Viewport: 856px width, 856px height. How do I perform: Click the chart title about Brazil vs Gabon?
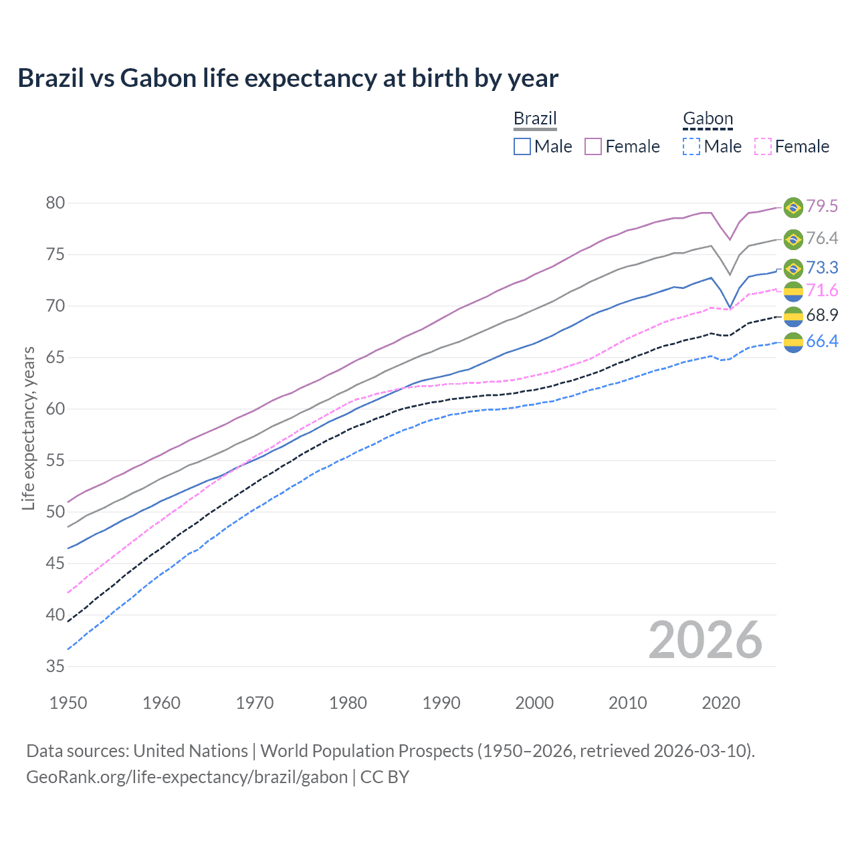coord(288,78)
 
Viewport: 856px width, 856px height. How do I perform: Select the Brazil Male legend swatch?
coord(522,146)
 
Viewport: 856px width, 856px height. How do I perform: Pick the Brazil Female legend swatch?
coord(593,146)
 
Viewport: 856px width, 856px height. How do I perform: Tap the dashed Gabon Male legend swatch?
coord(691,146)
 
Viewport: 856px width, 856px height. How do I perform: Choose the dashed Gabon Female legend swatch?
coord(763,146)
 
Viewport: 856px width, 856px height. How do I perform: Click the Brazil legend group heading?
coord(535,119)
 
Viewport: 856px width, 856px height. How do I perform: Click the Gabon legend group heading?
coord(708,119)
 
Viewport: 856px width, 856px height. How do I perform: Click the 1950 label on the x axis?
coord(68,703)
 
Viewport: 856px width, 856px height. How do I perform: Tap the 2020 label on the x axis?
coord(721,703)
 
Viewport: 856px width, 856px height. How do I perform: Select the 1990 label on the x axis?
coord(441,703)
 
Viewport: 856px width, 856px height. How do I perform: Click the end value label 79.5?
coord(822,207)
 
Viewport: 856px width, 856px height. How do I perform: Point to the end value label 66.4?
coord(822,342)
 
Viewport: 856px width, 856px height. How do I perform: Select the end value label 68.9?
coord(822,316)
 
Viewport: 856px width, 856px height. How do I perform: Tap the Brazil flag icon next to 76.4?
coord(793,239)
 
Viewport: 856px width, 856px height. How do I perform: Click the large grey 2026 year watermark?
coord(706,640)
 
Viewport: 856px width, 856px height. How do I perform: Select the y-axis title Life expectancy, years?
coord(28,428)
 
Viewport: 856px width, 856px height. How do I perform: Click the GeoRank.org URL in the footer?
coord(187,777)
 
